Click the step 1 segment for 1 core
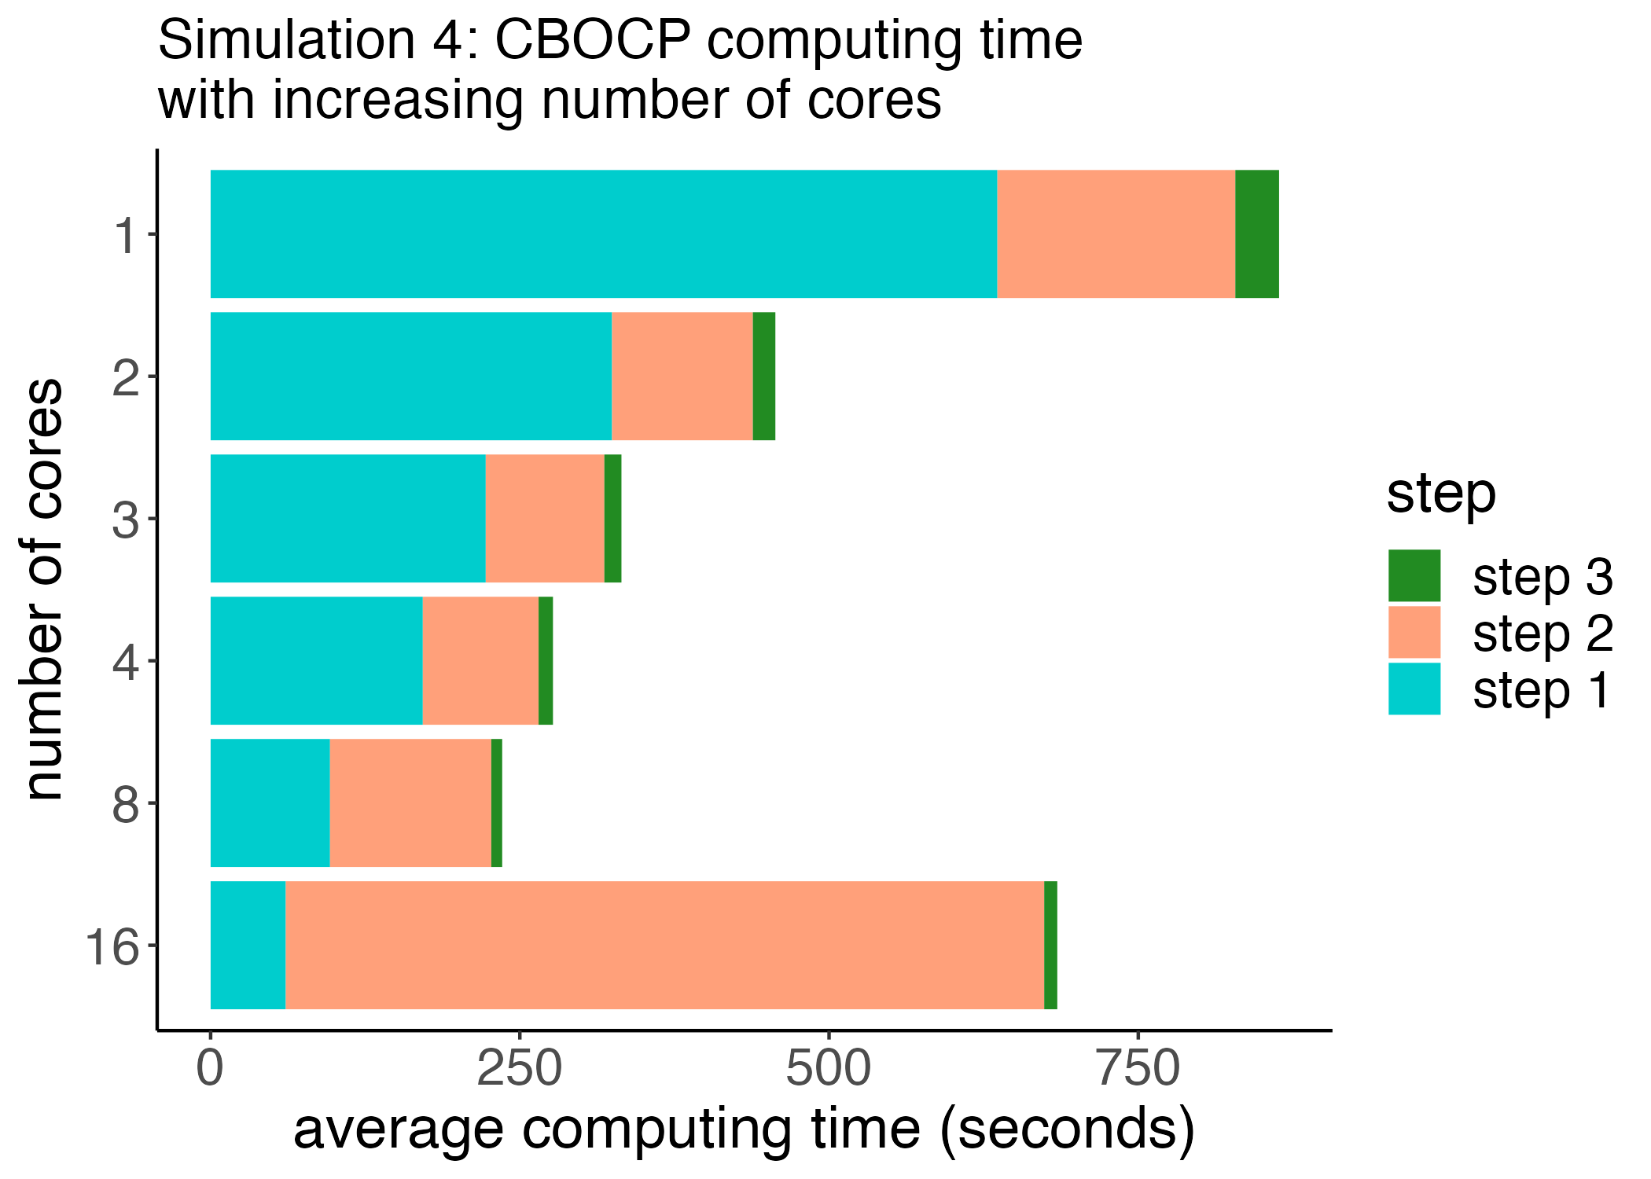604,234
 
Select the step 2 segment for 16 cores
664,945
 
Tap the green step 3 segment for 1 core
1256,234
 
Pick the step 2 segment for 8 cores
410,803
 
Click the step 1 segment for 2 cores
410,376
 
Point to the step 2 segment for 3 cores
545,519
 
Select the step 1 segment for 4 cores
316,660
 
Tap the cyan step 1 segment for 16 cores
248,945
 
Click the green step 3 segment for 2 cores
763,376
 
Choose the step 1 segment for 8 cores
270,803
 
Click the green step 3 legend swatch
1414,575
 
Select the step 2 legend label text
1543,634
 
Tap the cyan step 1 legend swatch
1414,689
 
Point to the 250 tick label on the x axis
520,1070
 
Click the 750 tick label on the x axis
1138,1070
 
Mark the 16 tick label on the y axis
112,946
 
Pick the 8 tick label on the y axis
126,804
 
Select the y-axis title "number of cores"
43,589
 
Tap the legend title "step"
1440,494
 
